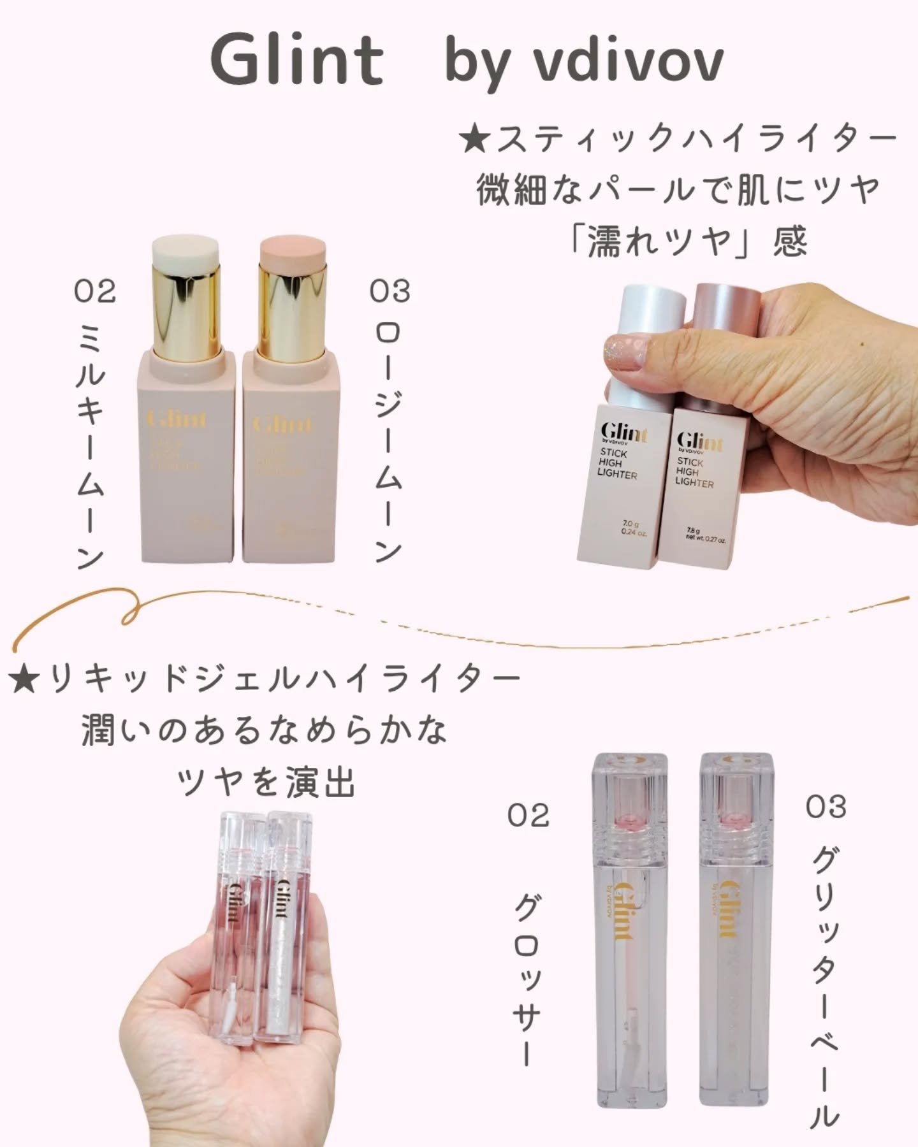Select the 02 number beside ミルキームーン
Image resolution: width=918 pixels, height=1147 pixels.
[95, 291]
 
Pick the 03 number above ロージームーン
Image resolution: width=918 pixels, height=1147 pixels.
[390, 291]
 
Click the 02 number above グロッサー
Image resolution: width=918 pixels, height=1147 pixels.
[528, 815]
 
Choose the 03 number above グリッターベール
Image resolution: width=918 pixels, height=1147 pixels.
[826, 806]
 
